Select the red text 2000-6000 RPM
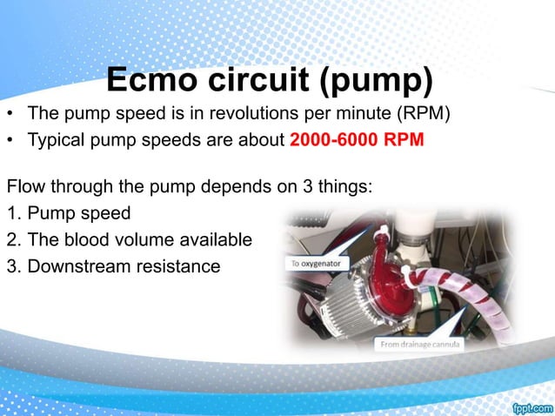[357, 141]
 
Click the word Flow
[26, 187]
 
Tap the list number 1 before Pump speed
[12, 213]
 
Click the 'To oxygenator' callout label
[314, 262]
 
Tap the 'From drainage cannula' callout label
[419, 345]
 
